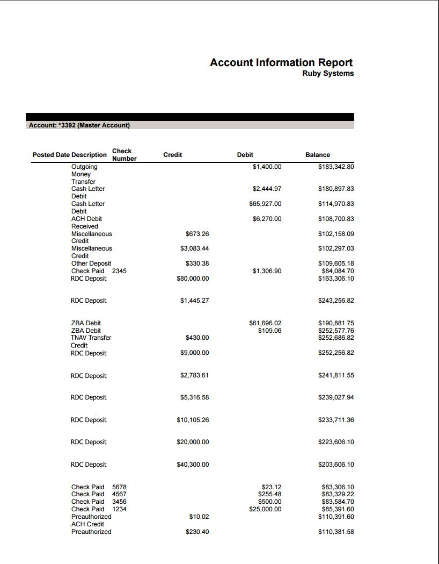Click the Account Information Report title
coord(281,62)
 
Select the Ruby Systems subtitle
coord(328,74)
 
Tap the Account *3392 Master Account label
coord(79,125)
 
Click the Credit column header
coord(172,155)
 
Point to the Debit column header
coord(245,155)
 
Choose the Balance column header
coord(318,155)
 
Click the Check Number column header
coord(124,155)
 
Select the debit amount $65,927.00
coord(265,204)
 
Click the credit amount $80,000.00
coord(193,279)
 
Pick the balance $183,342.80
coord(336,167)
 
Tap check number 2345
coord(119,271)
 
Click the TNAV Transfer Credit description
coord(91,341)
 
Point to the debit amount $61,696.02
coord(265,323)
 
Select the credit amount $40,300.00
coord(193,465)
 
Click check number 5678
coord(119,487)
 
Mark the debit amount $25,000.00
coord(265,509)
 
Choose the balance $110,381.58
coord(336,532)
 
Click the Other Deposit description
coord(91,263)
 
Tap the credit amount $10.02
coord(199,517)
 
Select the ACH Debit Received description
coord(87,223)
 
